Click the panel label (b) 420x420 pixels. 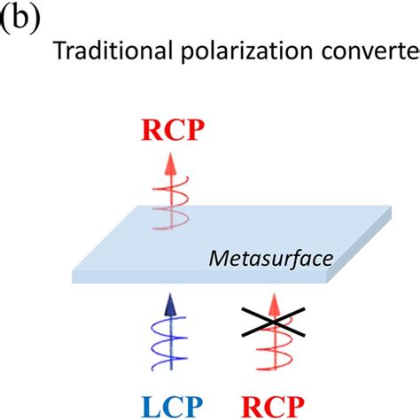pos(20,19)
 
